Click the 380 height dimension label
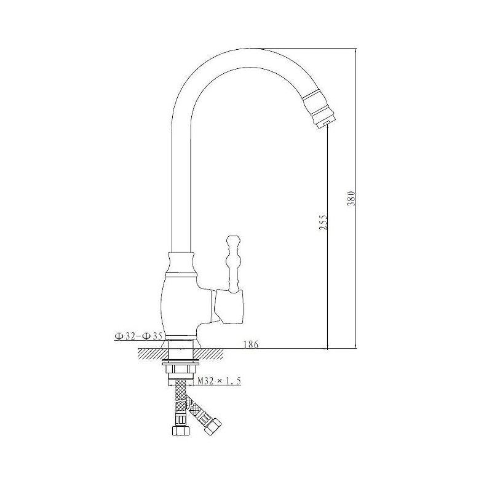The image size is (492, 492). pyautogui.click(x=351, y=198)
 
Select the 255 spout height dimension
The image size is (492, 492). pyautogui.click(x=323, y=222)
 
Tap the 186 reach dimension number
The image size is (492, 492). pyautogui.click(x=251, y=344)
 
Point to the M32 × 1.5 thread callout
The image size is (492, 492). pyautogui.click(x=219, y=381)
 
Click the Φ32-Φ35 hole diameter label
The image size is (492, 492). pyautogui.click(x=138, y=336)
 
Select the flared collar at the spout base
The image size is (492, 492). pyautogui.click(x=181, y=264)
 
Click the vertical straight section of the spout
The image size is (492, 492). pyautogui.click(x=181, y=188)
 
